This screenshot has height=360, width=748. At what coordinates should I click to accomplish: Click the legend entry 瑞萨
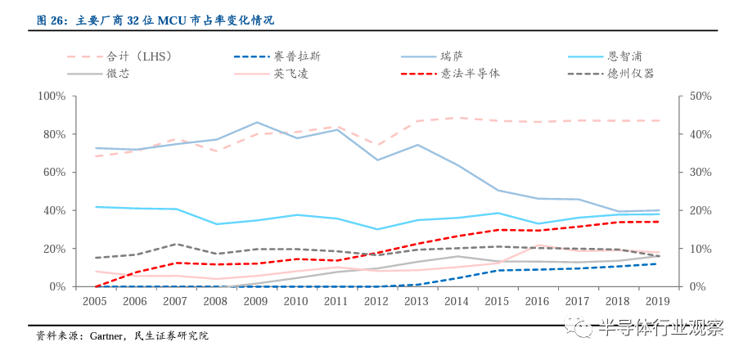click(x=451, y=56)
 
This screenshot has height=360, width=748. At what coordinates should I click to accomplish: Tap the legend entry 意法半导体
click(x=470, y=74)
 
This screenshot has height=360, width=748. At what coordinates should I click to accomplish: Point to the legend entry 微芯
click(x=118, y=74)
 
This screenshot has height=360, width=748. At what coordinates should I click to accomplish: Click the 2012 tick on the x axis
click(x=376, y=302)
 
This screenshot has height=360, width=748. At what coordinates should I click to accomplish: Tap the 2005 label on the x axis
click(x=96, y=302)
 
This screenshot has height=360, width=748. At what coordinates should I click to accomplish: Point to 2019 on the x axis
click(x=657, y=302)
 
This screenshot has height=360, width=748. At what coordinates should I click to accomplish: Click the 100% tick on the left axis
click(x=52, y=97)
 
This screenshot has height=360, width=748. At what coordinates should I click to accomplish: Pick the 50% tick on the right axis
click(x=701, y=97)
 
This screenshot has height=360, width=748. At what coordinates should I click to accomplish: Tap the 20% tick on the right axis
click(x=701, y=210)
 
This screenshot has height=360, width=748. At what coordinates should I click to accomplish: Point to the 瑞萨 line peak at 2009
click(x=256, y=123)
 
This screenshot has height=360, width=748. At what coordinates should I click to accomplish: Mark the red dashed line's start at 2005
click(x=96, y=286)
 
